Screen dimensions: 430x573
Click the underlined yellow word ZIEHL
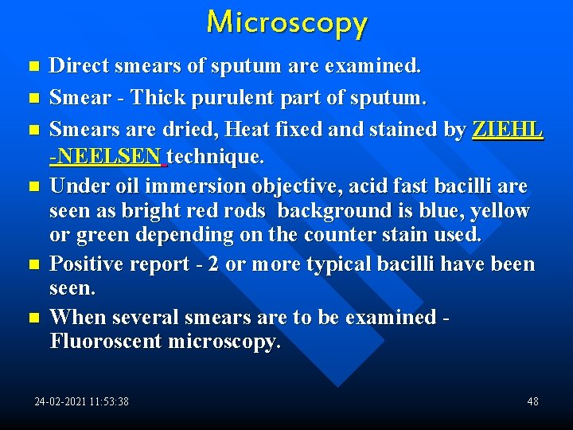click(x=508, y=128)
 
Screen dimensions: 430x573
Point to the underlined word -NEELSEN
click(x=107, y=157)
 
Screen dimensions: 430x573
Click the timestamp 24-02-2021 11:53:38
click(x=81, y=401)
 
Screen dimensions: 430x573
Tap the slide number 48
click(x=532, y=401)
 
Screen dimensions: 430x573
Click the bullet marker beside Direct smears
click(x=33, y=67)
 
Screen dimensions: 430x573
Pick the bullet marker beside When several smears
click(x=33, y=318)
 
